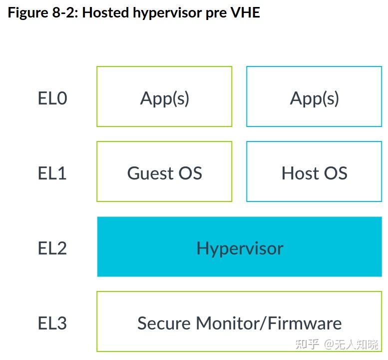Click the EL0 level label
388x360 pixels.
click(x=52, y=98)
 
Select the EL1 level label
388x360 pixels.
click(x=52, y=173)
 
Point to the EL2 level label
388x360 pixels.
click(x=52, y=248)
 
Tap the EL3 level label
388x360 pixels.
click(x=52, y=323)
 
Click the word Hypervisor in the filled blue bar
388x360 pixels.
click(x=240, y=248)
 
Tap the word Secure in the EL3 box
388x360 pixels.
click(x=164, y=323)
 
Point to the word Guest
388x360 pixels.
click(x=150, y=173)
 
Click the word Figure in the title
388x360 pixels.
click(x=28, y=13)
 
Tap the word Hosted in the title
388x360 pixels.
click(x=105, y=12)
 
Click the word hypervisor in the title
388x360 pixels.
click(x=167, y=13)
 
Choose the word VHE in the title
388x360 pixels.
click(x=245, y=12)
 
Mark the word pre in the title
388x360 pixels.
click(x=216, y=14)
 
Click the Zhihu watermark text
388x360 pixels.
click(x=337, y=344)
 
